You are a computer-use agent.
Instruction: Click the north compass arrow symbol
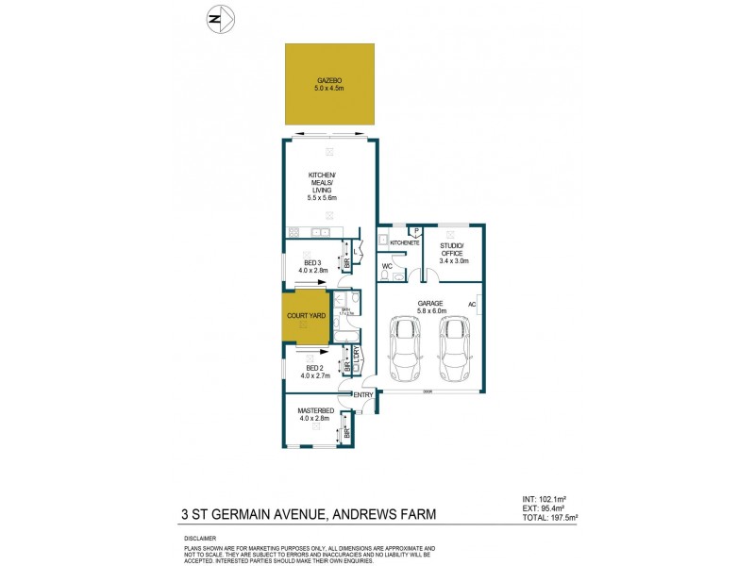218,17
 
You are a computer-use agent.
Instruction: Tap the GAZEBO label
329,80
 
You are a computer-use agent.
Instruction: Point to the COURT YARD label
304,317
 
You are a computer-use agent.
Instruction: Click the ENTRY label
363,394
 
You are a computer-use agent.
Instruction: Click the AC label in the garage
472,304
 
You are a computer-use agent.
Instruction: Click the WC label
387,267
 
